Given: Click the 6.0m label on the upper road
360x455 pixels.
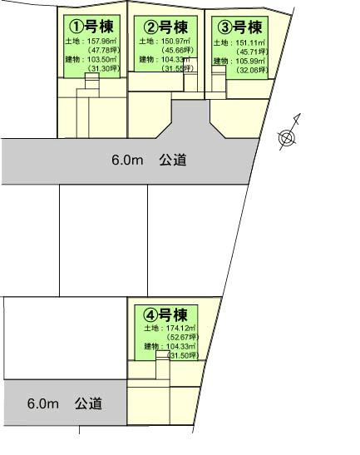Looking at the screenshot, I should [x=128, y=160].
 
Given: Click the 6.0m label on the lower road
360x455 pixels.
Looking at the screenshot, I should [x=43, y=403].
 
